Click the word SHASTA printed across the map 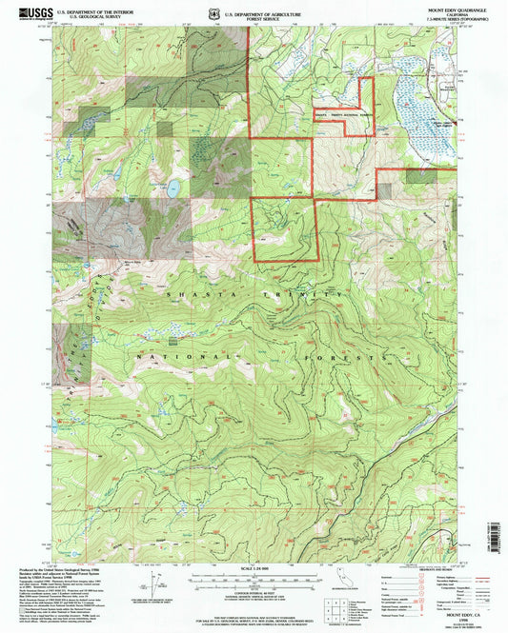point(187,296)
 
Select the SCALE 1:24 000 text point(252,569)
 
